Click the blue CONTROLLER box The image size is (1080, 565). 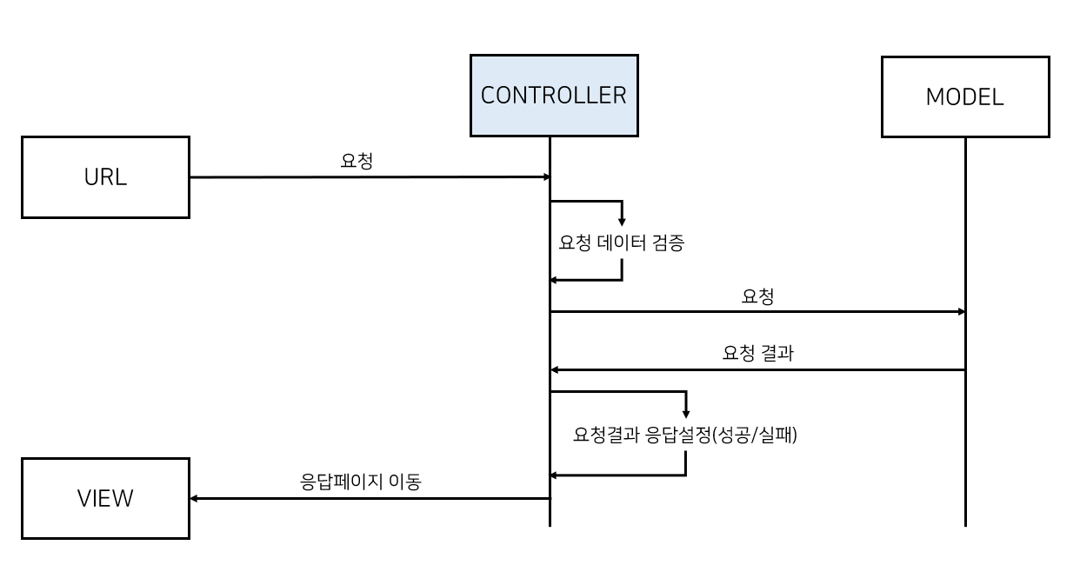554,96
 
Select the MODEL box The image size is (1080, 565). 964,96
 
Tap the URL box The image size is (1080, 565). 105,177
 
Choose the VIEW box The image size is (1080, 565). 105,498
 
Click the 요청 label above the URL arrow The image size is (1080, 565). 357,161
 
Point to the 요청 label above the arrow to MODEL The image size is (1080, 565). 757,296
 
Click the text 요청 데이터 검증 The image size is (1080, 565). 622,243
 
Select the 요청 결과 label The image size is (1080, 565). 757,354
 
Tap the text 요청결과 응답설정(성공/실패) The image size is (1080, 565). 685,435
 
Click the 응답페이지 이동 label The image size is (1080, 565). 360,482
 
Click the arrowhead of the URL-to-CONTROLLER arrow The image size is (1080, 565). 546,177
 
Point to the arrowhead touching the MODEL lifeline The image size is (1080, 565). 961,311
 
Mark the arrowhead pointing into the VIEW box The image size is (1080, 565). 195,498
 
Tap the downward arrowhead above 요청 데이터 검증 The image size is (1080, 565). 622,222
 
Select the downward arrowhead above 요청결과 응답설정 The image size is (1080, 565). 685,412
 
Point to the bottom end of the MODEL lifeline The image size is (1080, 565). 965,524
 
